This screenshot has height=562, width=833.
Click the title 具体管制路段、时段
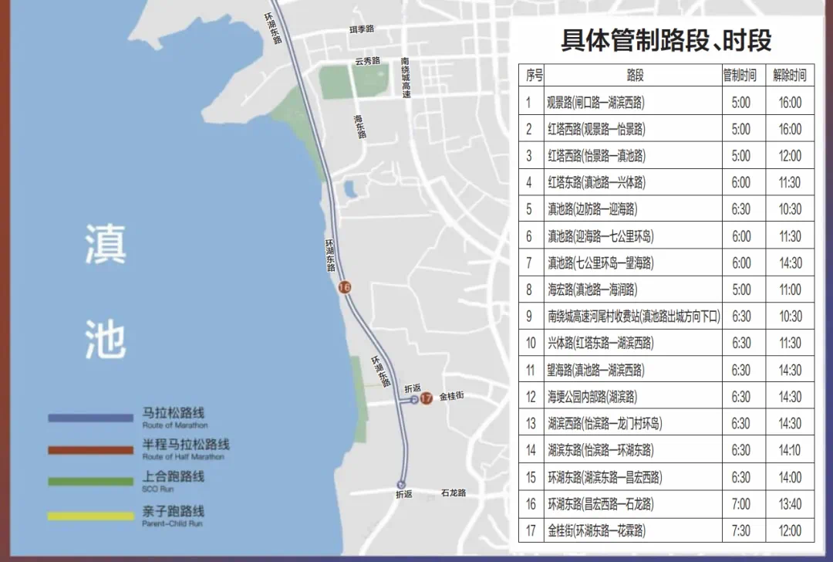(666, 40)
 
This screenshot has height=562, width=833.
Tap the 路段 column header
(635, 75)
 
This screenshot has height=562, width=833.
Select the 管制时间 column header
(740, 75)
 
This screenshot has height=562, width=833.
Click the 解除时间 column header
(789, 75)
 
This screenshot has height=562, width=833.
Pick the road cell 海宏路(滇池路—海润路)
(592, 289)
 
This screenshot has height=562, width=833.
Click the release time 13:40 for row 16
(789, 504)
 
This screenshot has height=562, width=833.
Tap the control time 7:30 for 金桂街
(740, 531)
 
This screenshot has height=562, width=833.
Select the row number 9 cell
(529, 317)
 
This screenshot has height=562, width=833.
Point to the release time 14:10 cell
(789, 450)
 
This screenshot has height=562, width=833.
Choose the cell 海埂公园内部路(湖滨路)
(596, 397)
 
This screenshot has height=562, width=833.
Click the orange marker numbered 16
(345, 287)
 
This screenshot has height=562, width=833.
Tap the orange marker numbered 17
(426, 398)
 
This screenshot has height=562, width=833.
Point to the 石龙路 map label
(454, 493)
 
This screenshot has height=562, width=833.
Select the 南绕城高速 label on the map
(406, 77)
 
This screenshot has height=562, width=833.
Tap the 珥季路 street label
(361, 29)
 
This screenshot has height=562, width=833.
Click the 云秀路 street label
(367, 61)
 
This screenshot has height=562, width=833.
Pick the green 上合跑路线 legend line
(91, 481)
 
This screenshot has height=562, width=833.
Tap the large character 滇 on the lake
(105, 245)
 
